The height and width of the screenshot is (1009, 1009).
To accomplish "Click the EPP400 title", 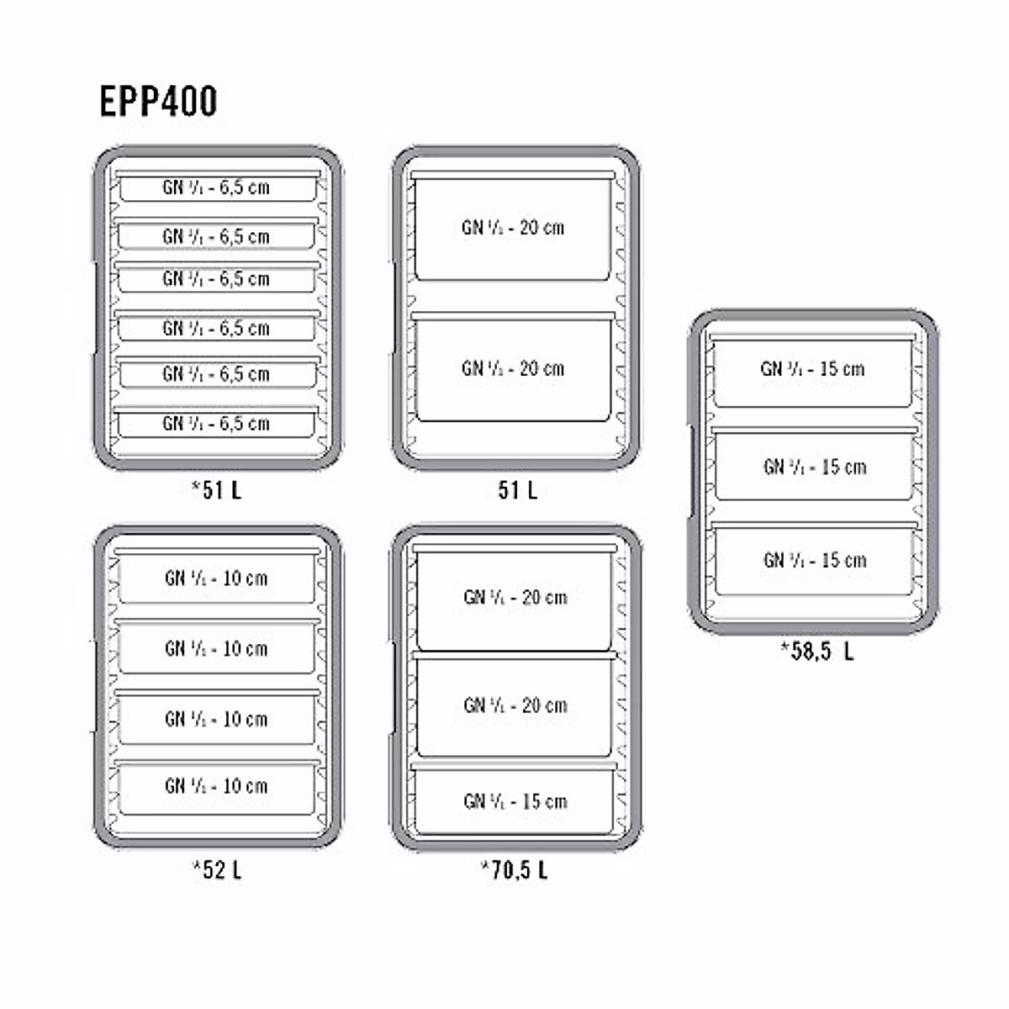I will coord(158,102).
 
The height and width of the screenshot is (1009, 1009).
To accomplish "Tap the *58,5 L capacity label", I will coord(816,650).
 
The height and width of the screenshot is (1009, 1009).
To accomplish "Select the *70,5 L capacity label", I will coord(514,869).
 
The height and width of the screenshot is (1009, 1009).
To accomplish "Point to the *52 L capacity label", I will coord(216,869).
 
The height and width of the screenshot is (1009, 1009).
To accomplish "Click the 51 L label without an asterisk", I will coord(517,490).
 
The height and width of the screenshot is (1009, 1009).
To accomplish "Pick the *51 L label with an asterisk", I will coord(216,490).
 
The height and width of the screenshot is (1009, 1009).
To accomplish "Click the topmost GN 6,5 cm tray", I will coord(216,188).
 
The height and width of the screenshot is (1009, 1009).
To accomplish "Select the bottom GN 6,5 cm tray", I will coord(216,423).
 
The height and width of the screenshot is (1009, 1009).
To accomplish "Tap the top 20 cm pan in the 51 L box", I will coord(513,227).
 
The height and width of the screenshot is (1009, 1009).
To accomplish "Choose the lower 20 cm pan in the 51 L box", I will coord(513,368).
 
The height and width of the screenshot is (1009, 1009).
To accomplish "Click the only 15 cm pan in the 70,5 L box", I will coord(515,801).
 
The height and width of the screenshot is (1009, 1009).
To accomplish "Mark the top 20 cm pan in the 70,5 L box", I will coord(515,598).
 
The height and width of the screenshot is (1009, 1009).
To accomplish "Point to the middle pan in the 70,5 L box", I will coord(515,705).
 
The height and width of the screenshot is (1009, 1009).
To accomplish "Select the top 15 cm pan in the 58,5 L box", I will coord(812,369).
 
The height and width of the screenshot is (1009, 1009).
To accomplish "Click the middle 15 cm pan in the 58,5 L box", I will coord(814,467).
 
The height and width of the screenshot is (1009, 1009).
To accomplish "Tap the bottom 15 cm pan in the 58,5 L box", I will coord(814,560).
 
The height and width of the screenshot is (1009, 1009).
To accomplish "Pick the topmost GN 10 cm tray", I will coord(216,578).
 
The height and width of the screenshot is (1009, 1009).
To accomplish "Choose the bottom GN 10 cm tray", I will coord(216,786).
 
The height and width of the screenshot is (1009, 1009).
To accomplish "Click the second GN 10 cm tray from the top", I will coord(216,648).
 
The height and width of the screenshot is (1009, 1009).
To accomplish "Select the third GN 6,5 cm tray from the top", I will coord(216,279).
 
